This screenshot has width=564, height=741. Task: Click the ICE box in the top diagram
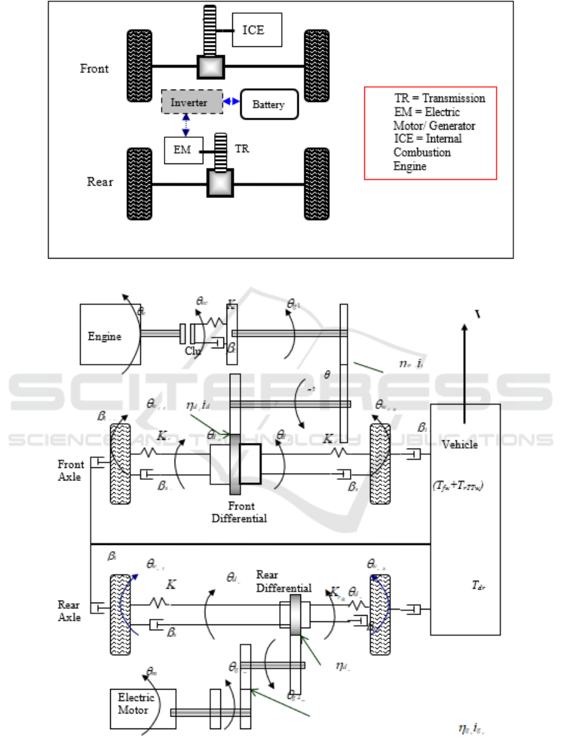click(257, 29)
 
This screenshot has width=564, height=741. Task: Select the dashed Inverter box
click(192, 101)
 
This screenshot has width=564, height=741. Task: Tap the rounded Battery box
click(269, 105)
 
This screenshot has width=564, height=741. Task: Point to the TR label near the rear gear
click(242, 150)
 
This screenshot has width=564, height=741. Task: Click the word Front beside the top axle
click(95, 68)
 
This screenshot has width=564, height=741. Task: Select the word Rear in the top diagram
click(100, 182)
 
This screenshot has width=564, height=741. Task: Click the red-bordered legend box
click(430, 133)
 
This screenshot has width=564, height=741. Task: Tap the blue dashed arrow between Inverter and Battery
click(232, 101)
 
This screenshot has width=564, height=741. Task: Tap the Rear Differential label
click(284, 581)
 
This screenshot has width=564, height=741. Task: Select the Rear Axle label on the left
click(69, 611)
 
